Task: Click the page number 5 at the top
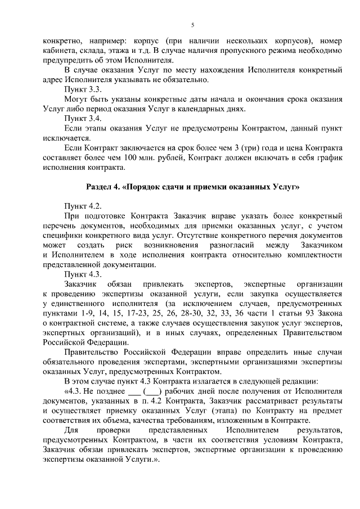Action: (192, 25)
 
